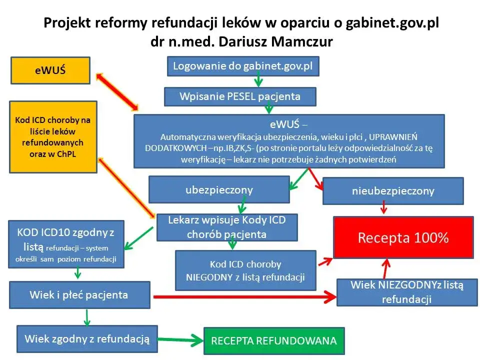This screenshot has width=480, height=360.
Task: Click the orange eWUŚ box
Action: [x=50, y=70]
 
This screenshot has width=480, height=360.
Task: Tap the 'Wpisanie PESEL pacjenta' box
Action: [x=240, y=96]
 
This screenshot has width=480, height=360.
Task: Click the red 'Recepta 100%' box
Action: [x=403, y=237]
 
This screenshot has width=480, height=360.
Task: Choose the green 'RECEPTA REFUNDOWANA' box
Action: [x=273, y=341]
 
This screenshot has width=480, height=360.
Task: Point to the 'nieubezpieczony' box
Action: [x=393, y=190]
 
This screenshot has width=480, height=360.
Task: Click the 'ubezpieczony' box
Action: [x=219, y=189]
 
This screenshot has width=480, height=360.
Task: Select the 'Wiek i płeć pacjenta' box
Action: [x=79, y=294]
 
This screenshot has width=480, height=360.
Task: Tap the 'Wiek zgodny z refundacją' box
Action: [x=87, y=338]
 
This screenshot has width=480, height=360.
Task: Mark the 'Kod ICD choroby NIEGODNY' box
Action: [x=245, y=270]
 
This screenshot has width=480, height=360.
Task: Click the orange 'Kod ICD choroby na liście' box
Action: [x=53, y=136]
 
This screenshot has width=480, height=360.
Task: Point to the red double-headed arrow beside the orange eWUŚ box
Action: [x=118, y=91]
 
